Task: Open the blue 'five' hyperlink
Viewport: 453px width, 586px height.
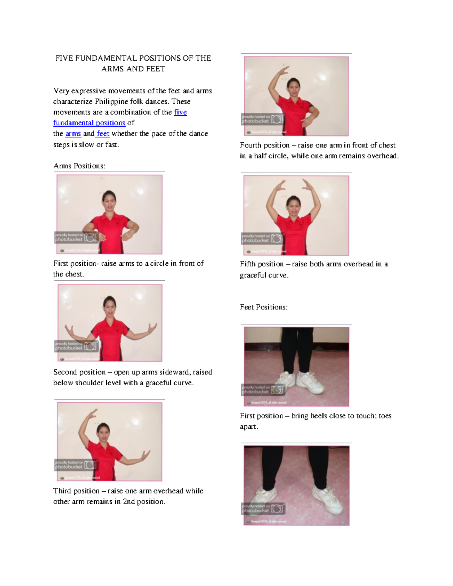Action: pyautogui.click(x=180, y=112)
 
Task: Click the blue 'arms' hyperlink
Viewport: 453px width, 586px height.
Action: pyautogui.click(x=73, y=134)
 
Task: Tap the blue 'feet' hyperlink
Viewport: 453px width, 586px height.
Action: pyautogui.click(x=103, y=134)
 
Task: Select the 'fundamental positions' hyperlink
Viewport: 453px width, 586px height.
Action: pyautogui.click(x=89, y=123)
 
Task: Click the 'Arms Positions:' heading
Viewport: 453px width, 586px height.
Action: pyautogui.click(x=79, y=166)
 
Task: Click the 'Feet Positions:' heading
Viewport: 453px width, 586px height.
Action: pyautogui.click(x=263, y=307)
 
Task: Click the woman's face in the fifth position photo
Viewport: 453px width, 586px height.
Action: pyautogui.click(x=293, y=206)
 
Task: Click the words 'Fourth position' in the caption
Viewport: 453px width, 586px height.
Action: pyautogui.click(x=265, y=145)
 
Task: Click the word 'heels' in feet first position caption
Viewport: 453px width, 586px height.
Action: pyautogui.click(x=319, y=416)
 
